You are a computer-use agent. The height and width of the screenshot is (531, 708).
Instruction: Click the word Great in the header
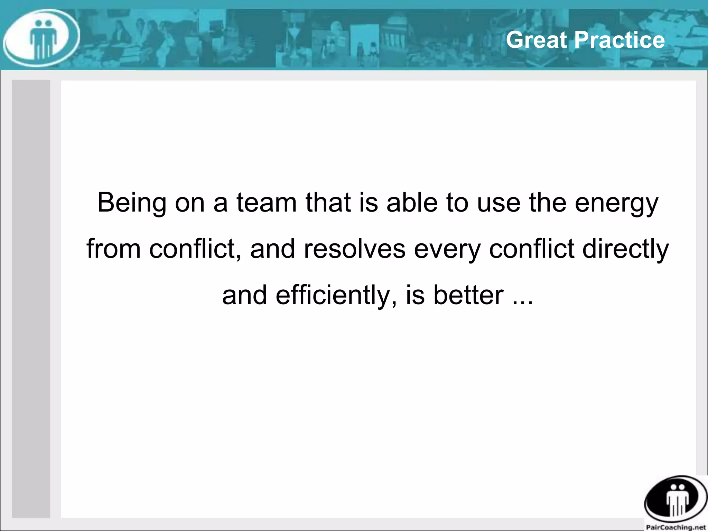(537, 40)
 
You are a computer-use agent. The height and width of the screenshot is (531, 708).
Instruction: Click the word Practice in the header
(619, 40)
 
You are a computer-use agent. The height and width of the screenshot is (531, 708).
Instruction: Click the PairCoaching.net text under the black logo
(676, 527)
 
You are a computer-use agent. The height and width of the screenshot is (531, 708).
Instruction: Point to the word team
(267, 203)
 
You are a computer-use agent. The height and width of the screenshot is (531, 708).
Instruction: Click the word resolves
(354, 249)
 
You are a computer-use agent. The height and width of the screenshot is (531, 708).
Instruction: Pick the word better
(468, 295)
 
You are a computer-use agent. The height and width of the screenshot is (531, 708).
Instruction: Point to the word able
(412, 203)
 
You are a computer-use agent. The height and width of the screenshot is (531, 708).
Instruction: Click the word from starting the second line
(113, 249)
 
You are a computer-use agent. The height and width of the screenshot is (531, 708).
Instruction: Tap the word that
(328, 203)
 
